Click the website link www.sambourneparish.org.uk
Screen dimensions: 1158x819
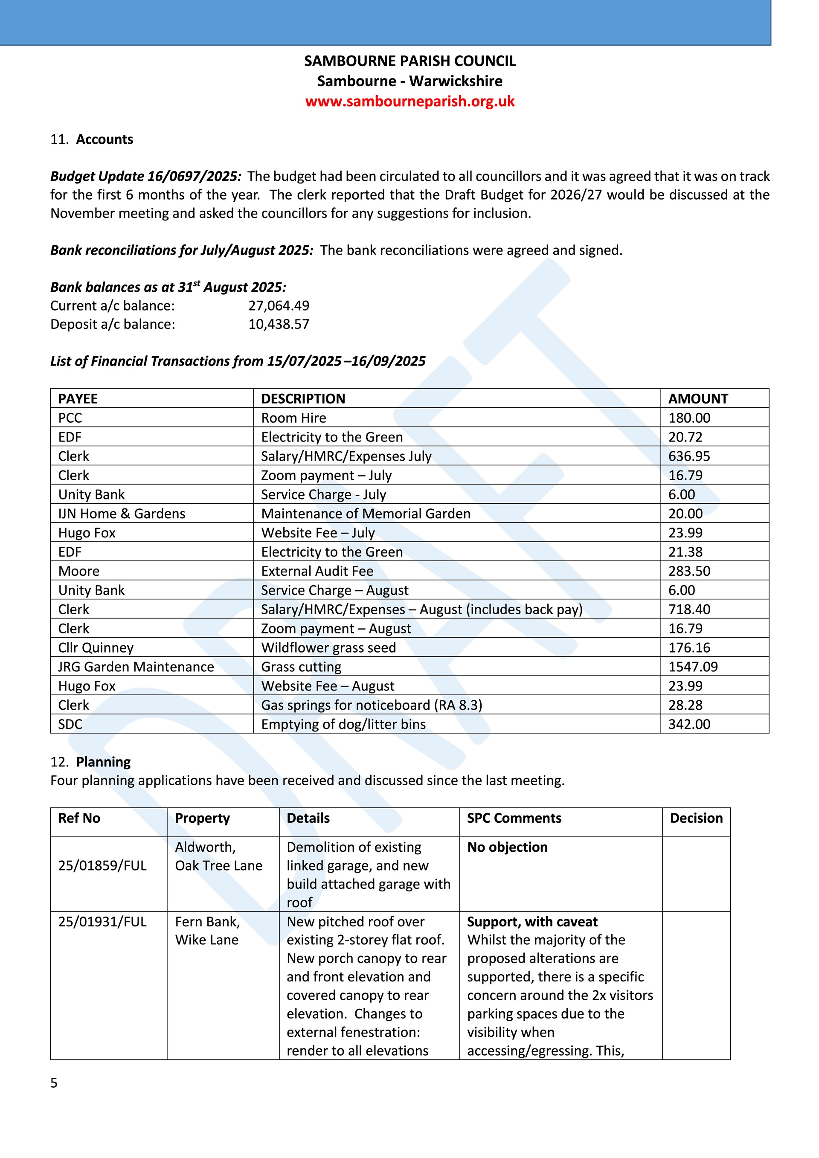click(x=409, y=102)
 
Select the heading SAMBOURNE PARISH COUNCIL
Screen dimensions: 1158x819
click(x=409, y=61)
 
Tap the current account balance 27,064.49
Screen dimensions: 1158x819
click(x=279, y=306)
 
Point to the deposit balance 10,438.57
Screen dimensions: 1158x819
click(x=279, y=324)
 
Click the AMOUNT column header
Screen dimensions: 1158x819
click(x=698, y=398)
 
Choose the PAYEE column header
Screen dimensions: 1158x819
click(x=78, y=398)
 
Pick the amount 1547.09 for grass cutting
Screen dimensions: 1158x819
click(x=693, y=667)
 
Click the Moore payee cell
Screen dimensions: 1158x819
click(x=79, y=571)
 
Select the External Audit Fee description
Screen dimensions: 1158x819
click(x=317, y=571)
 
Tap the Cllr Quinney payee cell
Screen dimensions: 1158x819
click(x=96, y=647)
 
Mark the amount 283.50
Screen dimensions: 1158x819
click(x=689, y=571)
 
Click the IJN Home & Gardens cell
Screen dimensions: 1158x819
click(x=122, y=514)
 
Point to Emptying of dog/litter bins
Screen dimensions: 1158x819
click(x=343, y=724)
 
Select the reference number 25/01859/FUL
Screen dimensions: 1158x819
click(x=102, y=865)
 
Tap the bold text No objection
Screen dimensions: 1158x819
click(x=507, y=847)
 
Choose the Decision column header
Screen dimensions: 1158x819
click(x=696, y=818)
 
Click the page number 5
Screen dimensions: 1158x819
click(x=54, y=1083)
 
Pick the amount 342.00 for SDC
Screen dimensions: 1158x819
click(x=689, y=724)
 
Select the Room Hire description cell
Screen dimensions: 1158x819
click(x=293, y=418)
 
